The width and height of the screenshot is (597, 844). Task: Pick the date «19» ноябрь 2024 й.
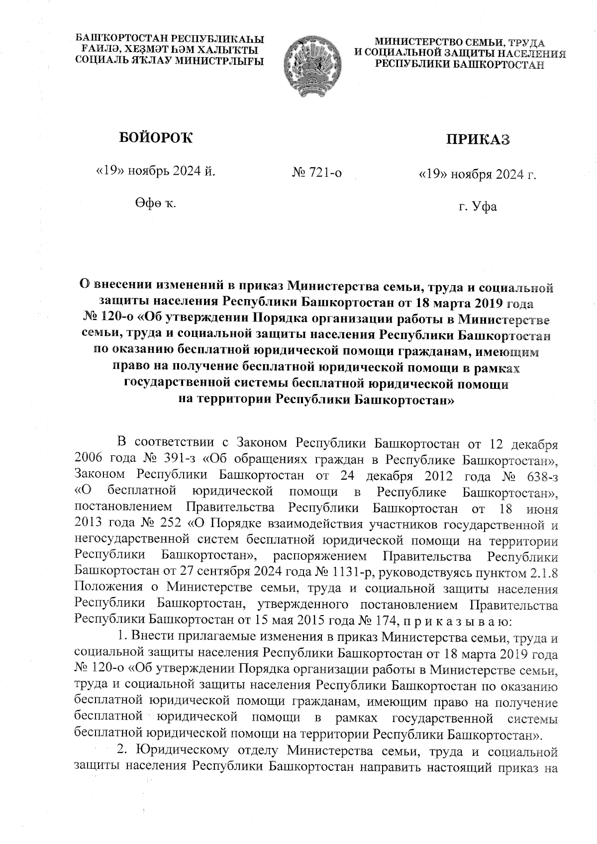click(x=156, y=172)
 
